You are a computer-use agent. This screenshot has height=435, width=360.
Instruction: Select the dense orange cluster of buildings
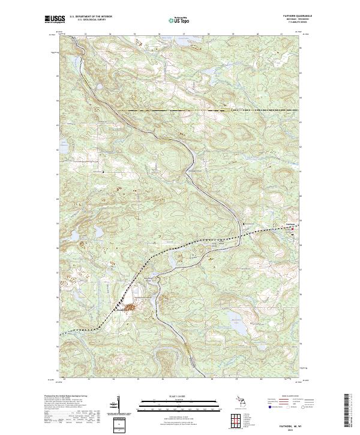[128, 308]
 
